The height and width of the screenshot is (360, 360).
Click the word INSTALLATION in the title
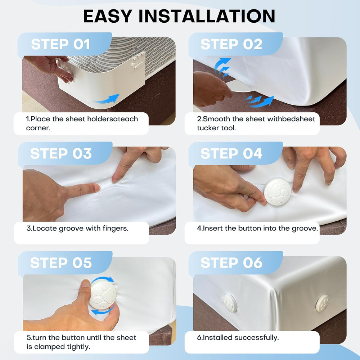207,16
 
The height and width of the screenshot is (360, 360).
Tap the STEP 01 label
60,44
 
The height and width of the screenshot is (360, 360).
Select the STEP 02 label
231,44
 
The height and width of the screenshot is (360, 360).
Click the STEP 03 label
61,154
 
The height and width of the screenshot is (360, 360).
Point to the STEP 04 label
231,154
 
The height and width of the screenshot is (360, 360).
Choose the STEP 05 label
61,263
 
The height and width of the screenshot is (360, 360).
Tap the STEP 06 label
231,263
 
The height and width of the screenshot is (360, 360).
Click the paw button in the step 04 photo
278,192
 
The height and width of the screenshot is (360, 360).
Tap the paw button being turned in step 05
103,295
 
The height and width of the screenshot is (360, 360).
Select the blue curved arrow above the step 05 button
102,279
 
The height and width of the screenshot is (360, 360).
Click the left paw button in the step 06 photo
230,303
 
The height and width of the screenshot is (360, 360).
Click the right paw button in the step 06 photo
322,303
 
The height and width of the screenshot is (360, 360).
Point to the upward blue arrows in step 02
222,67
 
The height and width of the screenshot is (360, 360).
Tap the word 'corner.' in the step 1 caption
38,128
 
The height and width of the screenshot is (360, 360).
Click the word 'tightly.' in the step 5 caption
78,347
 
